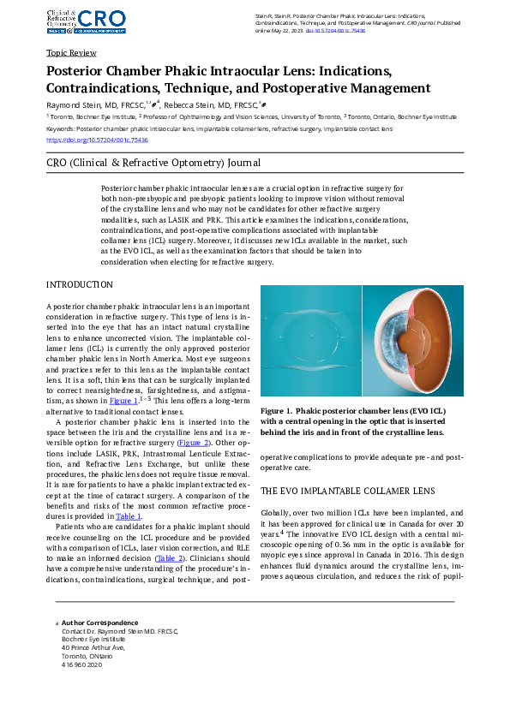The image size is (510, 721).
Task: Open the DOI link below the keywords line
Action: (x=97, y=140)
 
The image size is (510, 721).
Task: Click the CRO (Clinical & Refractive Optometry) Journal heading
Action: (x=153, y=163)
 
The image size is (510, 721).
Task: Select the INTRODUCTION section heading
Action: (x=79, y=284)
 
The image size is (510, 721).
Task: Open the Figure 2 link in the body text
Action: (x=191, y=443)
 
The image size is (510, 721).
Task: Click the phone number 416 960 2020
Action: (x=81, y=664)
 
